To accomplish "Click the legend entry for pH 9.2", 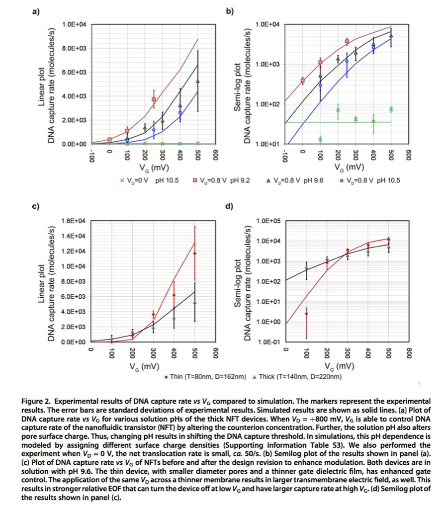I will pos(219,180).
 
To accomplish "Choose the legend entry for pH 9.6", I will pos(296,180).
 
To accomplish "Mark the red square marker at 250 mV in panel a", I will pos(154,99).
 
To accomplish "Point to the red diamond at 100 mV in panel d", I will pos(306,314).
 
